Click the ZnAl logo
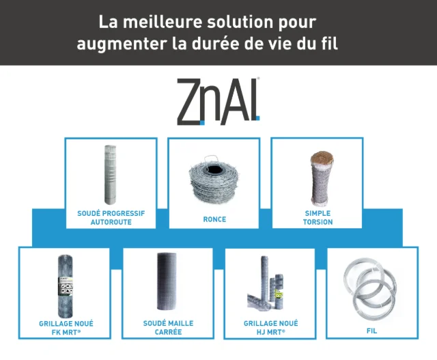tap(218, 101)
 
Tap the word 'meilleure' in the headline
tap(163, 22)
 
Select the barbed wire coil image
tap(214, 180)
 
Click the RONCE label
tap(214, 219)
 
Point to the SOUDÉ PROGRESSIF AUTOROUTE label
tap(111, 218)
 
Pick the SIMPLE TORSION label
tap(318, 218)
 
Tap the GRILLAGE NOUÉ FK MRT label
tap(66, 328)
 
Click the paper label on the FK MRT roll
tap(66, 286)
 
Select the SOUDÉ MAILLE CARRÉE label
tap(168, 328)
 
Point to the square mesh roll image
tap(167, 281)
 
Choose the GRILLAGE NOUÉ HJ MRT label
tap(270, 328)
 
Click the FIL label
tap(371, 331)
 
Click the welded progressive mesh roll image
tap(110, 175)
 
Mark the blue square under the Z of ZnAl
tap(202, 122)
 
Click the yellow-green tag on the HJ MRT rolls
tap(278, 294)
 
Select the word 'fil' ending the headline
tap(329, 43)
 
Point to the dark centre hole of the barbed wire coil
tap(214, 169)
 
